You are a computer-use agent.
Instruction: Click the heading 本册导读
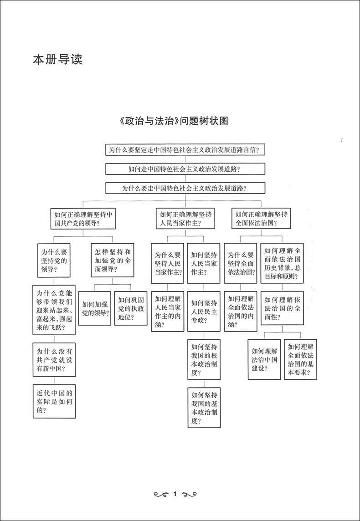(x=57, y=60)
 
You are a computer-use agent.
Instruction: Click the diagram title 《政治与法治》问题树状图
(x=172, y=121)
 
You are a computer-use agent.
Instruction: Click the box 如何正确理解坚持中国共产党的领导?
(x=83, y=219)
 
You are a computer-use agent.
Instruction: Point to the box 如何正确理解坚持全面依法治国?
(x=261, y=219)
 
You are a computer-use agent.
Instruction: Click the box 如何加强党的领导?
(x=95, y=308)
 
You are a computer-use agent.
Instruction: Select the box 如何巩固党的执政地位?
(x=131, y=308)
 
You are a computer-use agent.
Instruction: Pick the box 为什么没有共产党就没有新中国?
(x=54, y=360)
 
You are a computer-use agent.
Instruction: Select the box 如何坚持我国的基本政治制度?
(x=204, y=408)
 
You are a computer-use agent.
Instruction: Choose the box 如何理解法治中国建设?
(x=264, y=359)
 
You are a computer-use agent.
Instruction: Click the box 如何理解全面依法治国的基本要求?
(x=300, y=359)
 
